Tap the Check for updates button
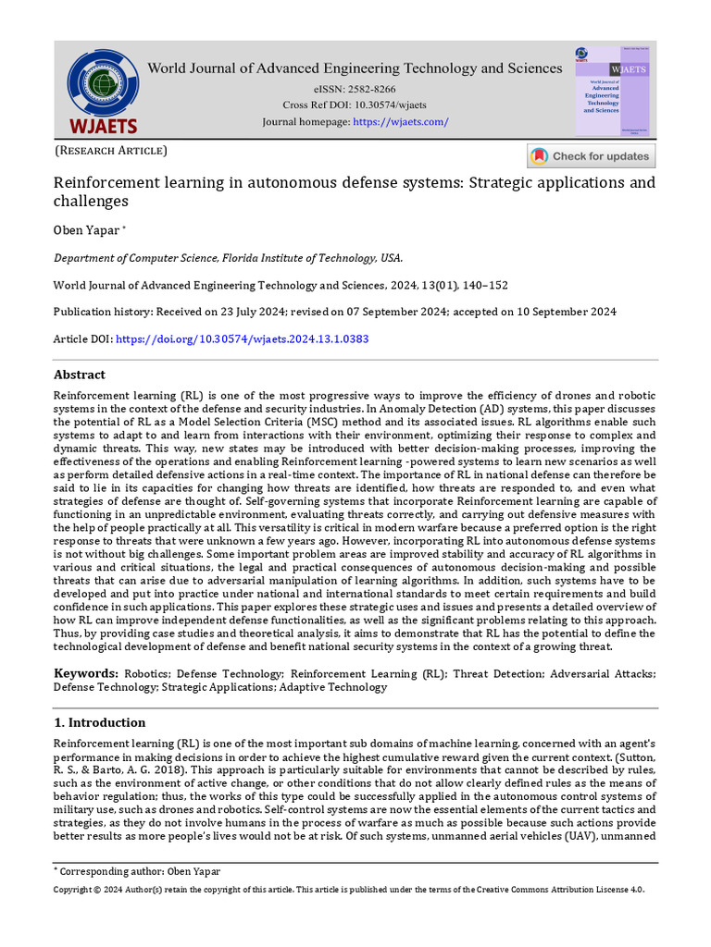click(592, 156)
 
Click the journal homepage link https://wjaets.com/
click(401, 122)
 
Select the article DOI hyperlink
click(241, 339)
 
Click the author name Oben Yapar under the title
click(86, 230)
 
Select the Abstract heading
click(80, 375)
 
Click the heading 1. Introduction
click(99, 722)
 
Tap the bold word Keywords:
click(85, 674)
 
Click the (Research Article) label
click(111, 151)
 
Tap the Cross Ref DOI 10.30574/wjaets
click(380, 105)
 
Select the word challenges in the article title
click(91, 202)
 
